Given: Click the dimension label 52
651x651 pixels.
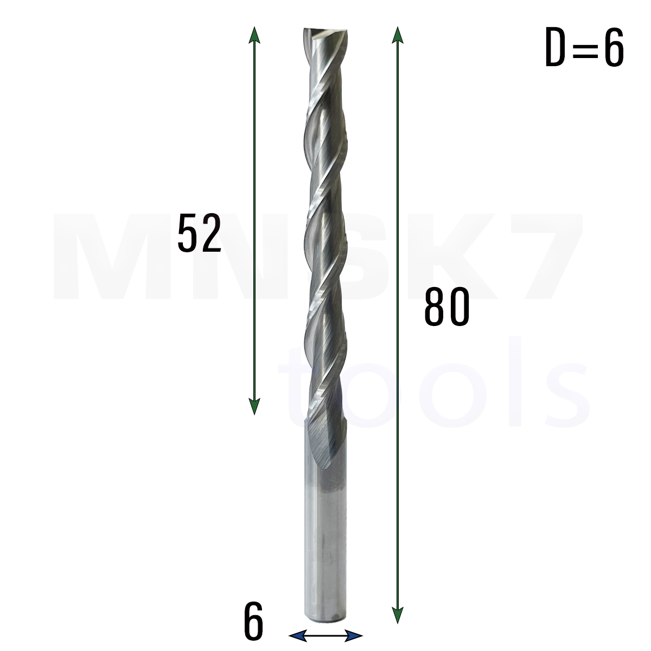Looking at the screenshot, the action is (199, 233).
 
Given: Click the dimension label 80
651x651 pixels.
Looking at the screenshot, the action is (446, 307).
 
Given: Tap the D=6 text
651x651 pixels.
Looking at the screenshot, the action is (584, 47).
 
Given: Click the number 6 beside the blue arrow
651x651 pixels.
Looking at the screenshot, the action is (253, 621).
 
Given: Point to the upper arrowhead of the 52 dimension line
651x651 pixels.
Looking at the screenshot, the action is (254, 35).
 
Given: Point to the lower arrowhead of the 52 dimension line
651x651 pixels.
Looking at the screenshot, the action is (254, 406).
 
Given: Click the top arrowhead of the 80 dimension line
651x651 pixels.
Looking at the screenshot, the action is (398, 35).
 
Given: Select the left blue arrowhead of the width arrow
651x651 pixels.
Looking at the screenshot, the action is (297, 636).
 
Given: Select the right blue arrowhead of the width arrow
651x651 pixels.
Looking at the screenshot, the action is (353, 636).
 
